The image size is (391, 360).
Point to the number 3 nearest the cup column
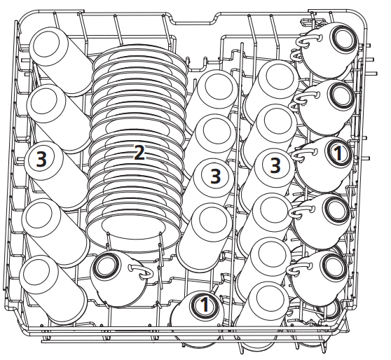pos(277,165)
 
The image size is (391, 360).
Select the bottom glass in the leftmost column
pos(49,284)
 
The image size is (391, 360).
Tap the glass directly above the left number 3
pos(53,109)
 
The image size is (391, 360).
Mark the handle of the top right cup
pos(301,43)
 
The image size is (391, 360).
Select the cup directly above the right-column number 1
pos(329,98)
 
